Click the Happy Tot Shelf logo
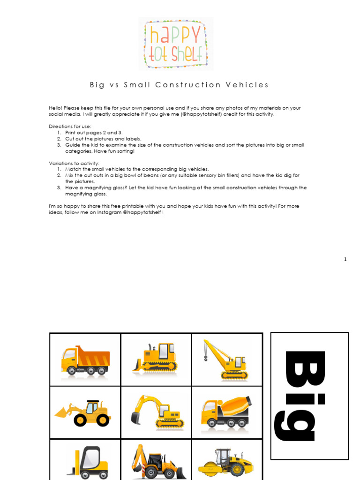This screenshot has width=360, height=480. (176, 44)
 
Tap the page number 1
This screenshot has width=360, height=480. (345, 259)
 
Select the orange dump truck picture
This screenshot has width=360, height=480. (85, 360)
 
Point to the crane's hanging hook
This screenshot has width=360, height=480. (205, 359)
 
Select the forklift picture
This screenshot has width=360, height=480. (88, 461)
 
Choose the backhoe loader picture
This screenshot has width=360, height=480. (156, 462)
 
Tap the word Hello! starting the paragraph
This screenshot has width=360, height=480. (56, 108)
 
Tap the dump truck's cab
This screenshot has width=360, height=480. (68, 359)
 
